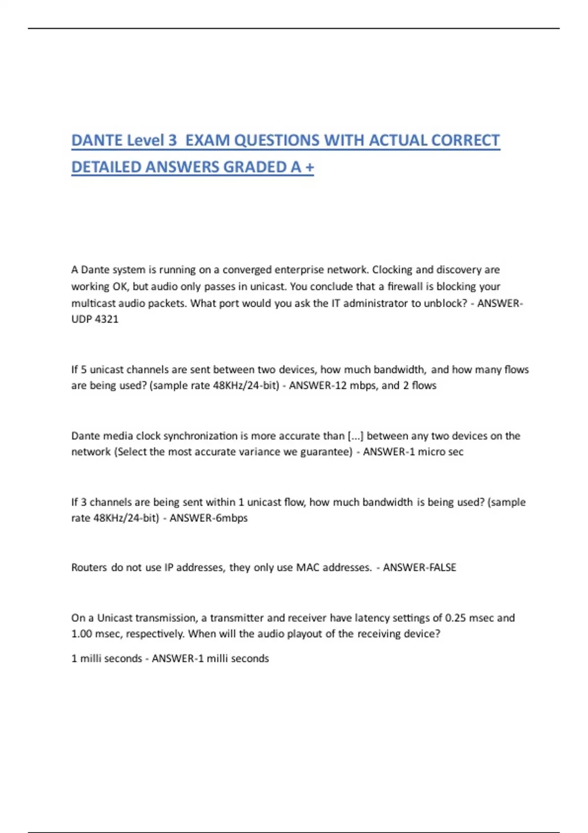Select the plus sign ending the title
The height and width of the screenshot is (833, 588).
pyautogui.click(x=309, y=168)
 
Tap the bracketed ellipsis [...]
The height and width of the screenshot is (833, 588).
pyautogui.click(x=355, y=436)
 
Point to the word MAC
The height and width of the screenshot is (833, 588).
pyautogui.click(x=308, y=567)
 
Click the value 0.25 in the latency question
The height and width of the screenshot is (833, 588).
pyautogui.click(x=455, y=618)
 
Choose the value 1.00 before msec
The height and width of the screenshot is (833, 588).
pyautogui.click(x=82, y=634)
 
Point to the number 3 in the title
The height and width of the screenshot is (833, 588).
pyautogui.click(x=172, y=141)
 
